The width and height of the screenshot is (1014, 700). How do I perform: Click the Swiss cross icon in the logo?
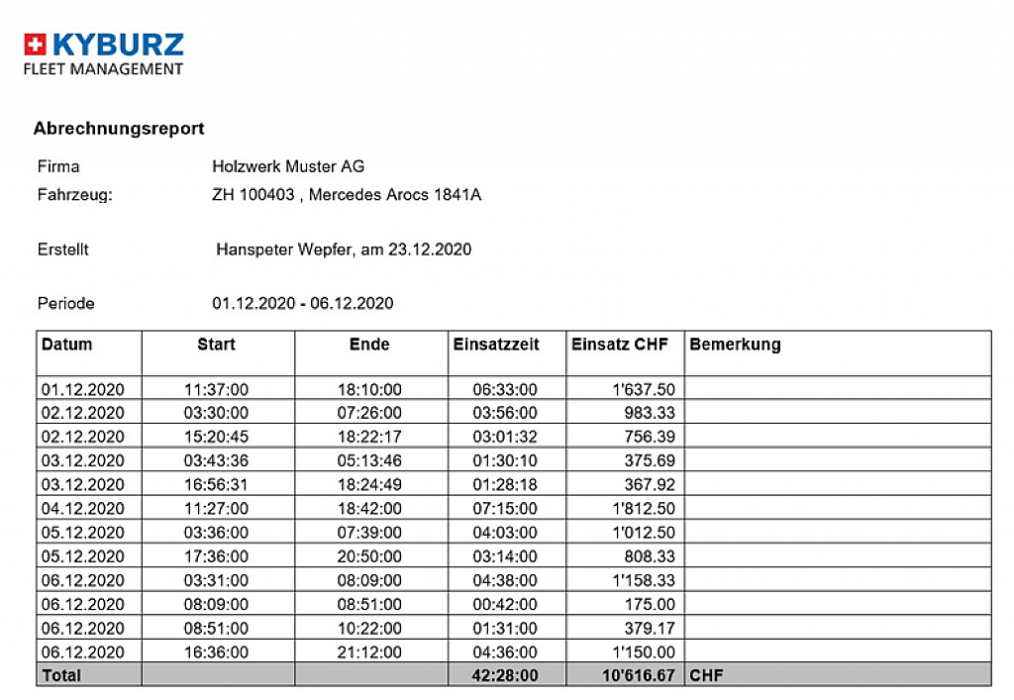tap(36, 45)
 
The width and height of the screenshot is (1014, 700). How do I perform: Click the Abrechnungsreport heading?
tap(119, 129)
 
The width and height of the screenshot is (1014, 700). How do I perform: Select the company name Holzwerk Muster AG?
tap(288, 166)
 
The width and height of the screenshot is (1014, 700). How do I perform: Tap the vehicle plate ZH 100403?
tap(253, 195)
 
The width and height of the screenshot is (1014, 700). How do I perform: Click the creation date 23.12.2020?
tap(430, 250)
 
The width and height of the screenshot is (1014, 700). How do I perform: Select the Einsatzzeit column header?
tap(496, 345)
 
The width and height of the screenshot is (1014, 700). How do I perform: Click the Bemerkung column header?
tap(735, 345)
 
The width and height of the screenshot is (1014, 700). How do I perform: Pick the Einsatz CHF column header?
tap(620, 345)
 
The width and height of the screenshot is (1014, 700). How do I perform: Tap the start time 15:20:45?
tap(216, 437)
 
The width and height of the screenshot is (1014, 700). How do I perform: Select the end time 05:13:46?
tap(369, 460)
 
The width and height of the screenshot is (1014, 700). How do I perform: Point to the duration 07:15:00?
tap(505, 509)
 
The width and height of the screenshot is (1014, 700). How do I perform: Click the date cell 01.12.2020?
tap(83, 389)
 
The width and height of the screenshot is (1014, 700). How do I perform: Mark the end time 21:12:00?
tap(369, 652)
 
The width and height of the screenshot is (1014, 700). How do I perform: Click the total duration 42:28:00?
tap(505, 675)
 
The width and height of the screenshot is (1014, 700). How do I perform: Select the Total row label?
tap(61, 675)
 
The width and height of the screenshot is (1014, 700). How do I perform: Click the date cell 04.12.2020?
tap(83, 509)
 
